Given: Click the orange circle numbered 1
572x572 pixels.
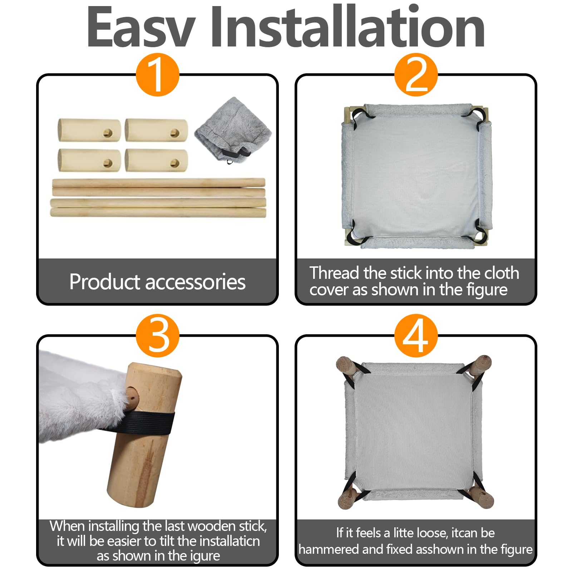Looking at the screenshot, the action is [x=157, y=75].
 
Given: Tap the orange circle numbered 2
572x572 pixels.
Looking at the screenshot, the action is [x=416, y=75].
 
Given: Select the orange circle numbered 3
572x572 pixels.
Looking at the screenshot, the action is [x=157, y=336].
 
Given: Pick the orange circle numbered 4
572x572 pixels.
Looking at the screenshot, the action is [x=416, y=336].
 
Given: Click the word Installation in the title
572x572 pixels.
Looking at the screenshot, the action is [x=347, y=27].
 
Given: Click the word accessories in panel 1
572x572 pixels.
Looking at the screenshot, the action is [x=196, y=282].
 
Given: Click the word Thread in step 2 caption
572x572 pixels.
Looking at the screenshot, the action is [x=334, y=273].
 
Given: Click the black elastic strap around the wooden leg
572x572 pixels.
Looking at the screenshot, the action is [x=143, y=422].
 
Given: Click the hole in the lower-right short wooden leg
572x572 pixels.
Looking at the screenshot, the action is [x=174, y=163].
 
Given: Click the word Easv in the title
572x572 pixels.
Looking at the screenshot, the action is [x=141, y=27].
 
